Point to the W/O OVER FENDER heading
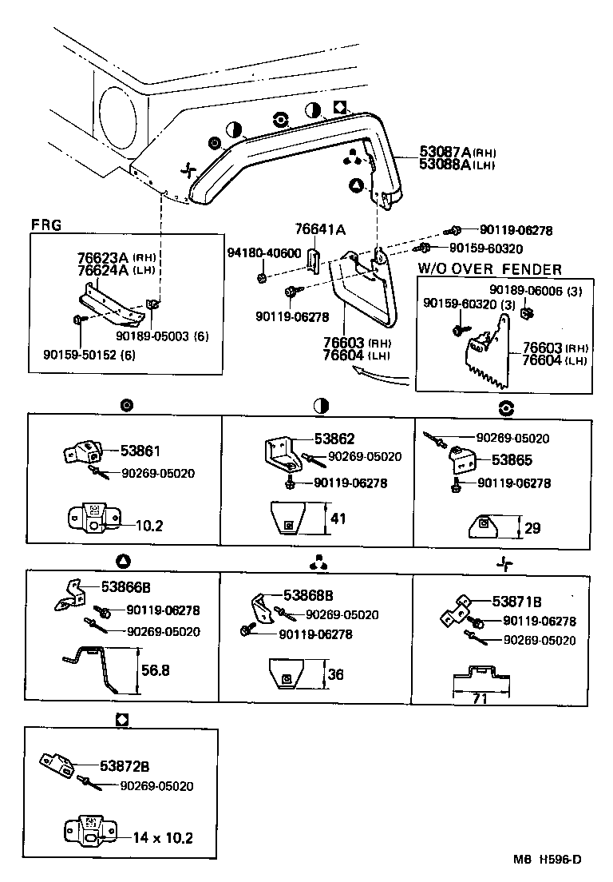(x=489, y=269)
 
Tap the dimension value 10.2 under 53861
(x=148, y=526)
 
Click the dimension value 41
(x=338, y=518)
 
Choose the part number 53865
(x=512, y=460)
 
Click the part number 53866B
(x=126, y=587)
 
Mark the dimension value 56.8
(x=155, y=670)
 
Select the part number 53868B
(x=308, y=596)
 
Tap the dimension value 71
(x=478, y=699)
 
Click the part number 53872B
(x=125, y=765)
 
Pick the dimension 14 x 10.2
(x=163, y=838)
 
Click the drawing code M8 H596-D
(x=547, y=860)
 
